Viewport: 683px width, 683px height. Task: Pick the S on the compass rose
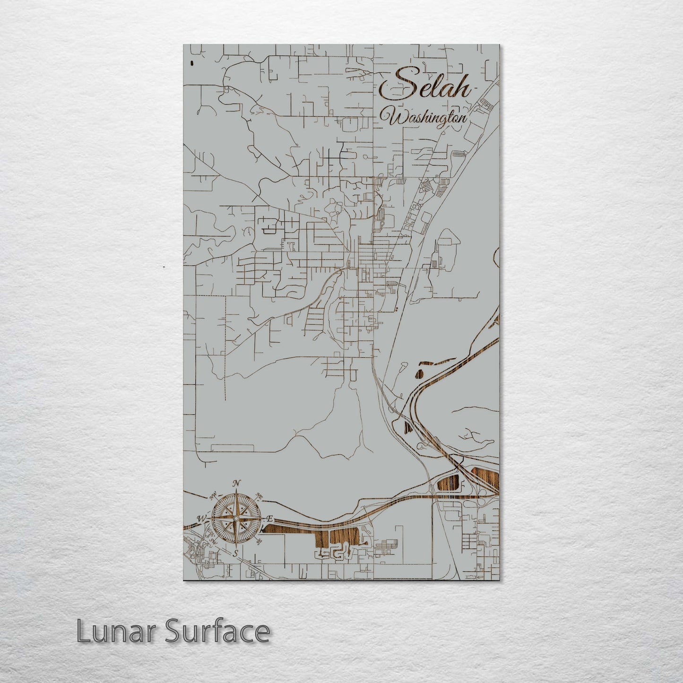coord(235,553)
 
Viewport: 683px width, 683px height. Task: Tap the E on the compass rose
coord(270,519)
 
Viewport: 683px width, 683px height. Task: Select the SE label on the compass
coord(259,542)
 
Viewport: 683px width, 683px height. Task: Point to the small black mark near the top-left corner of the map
coord(191,62)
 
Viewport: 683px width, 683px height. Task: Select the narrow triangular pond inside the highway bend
coord(408,428)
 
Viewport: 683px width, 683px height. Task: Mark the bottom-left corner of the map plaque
coord(183,580)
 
